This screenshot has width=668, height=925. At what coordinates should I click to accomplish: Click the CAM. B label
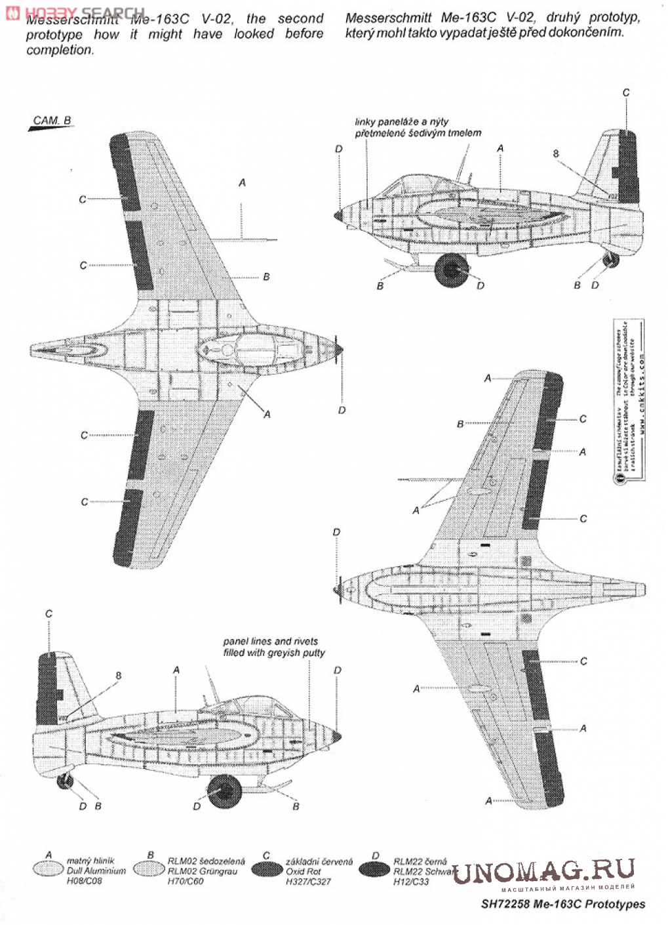pyautogui.click(x=51, y=121)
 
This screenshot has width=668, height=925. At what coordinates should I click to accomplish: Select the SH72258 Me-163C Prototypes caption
pyautogui.click(x=562, y=904)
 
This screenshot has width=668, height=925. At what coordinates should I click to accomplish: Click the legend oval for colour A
pyautogui.click(x=49, y=869)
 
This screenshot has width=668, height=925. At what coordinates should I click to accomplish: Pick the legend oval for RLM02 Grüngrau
pyautogui.click(x=149, y=869)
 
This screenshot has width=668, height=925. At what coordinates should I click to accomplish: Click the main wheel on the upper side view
pyautogui.click(x=452, y=270)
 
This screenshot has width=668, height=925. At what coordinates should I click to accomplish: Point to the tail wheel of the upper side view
pyautogui.click(x=610, y=260)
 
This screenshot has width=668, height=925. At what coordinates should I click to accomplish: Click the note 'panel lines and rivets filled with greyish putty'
pyautogui.click(x=273, y=647)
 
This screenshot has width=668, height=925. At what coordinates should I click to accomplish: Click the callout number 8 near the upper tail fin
pyautogui.click(x=556, y=154)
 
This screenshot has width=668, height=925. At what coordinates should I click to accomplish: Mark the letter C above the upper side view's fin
pyautogui.click(x=625, y=92)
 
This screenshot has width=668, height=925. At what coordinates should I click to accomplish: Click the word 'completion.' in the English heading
pyautogui.click(x=59, y=50)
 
